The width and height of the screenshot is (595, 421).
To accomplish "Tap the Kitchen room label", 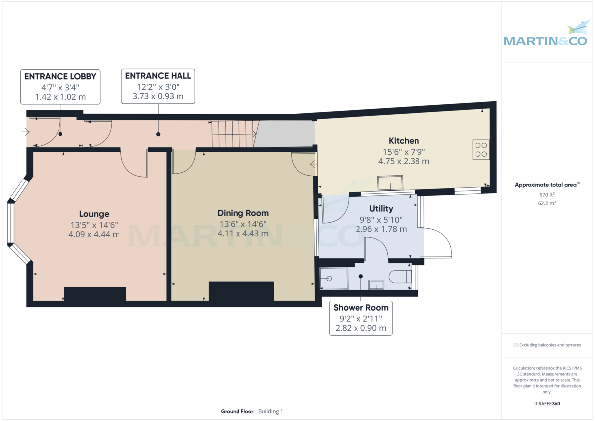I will tap(404, 141).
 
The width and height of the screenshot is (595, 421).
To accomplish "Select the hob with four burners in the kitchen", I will tap(480, 150).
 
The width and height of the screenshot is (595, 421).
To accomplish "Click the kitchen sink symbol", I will tap(390, 183).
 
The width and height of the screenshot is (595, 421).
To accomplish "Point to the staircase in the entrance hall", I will tap(234, 134).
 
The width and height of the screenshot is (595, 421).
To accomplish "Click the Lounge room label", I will tap(94, 214).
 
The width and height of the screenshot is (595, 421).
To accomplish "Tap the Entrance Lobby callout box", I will tap(60, 86).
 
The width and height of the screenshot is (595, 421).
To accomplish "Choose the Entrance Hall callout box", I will tap(158, 86).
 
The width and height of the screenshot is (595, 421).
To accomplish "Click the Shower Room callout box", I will tap(361, 318).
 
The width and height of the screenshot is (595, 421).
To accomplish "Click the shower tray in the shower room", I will tap(334, 279).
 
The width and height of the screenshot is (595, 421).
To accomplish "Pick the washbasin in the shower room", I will tap(376, 285).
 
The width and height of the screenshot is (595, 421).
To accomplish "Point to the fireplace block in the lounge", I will tap(95, 294).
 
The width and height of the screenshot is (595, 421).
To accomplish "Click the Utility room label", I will tap(381, 209).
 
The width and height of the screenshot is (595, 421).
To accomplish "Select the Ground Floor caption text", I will tap(237, 411).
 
